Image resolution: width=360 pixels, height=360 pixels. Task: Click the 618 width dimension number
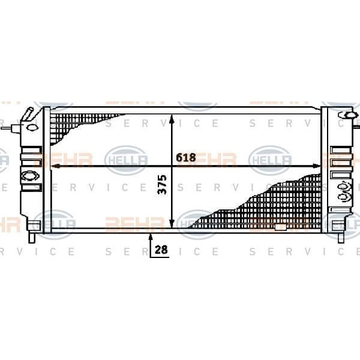pos(186,157)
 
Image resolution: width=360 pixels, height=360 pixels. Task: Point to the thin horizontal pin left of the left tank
pos(10,128)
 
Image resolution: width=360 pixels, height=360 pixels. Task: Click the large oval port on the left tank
pos(28,176)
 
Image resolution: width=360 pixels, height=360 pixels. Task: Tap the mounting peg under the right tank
pos(341,236)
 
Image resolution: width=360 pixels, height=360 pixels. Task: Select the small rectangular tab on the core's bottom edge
pos(280,229)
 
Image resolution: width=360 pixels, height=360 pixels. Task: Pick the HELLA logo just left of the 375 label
pos(125,160)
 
